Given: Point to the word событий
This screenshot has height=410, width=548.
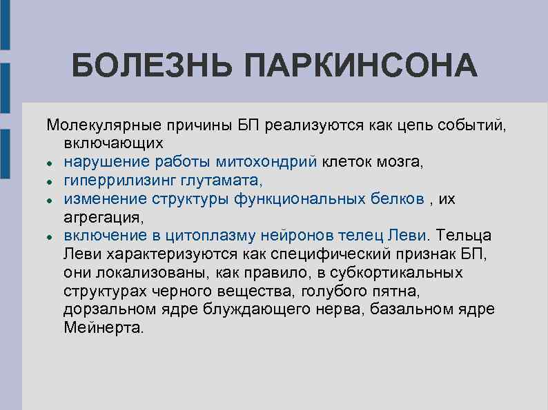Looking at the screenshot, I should (x=470, y=125).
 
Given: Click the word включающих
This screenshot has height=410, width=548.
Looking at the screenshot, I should (x=114, y=143).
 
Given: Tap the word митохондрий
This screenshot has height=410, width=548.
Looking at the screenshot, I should (x=266, y=162).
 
